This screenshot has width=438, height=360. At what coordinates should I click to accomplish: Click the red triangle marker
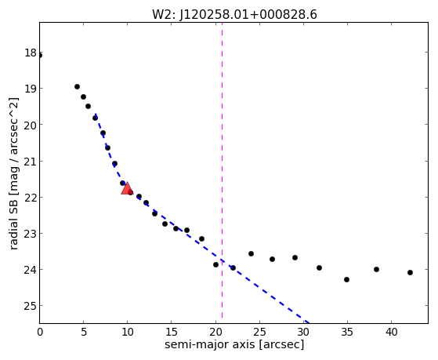tap(127, 188)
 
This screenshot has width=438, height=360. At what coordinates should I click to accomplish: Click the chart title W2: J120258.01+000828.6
tap(234, 15)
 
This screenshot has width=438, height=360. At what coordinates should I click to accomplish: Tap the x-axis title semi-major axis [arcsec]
tap(234, 344)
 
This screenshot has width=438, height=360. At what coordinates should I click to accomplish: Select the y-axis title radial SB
tap(13, 173)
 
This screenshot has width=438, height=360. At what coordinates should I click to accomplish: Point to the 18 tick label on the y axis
tap(31, 53)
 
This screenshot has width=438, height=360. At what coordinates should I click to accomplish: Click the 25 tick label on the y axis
tap(31, 306)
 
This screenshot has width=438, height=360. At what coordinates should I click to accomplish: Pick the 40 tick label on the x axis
tap(391, 333)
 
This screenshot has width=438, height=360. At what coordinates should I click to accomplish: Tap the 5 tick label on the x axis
tap(84, 333)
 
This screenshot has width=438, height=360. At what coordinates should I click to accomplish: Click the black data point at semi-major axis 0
tap(40, 56)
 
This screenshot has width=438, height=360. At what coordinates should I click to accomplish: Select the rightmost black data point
tap(410, 272)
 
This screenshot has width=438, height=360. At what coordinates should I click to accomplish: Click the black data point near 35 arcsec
tap(346, 279)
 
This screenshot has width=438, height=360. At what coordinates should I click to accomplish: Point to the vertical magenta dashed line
tap(222, 170)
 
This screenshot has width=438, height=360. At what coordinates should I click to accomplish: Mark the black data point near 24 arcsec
tap(251, 253)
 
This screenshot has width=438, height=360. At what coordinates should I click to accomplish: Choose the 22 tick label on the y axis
tap(31, 198)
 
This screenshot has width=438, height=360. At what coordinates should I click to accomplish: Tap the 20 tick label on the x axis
tap(215, 333)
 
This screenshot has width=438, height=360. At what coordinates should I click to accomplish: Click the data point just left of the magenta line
tap(215, 264)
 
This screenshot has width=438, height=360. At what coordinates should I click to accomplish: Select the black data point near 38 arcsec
tap(376, 269)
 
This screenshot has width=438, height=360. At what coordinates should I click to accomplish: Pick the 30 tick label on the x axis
tap(303, 333)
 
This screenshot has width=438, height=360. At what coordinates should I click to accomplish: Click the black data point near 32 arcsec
tap(319, 267)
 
